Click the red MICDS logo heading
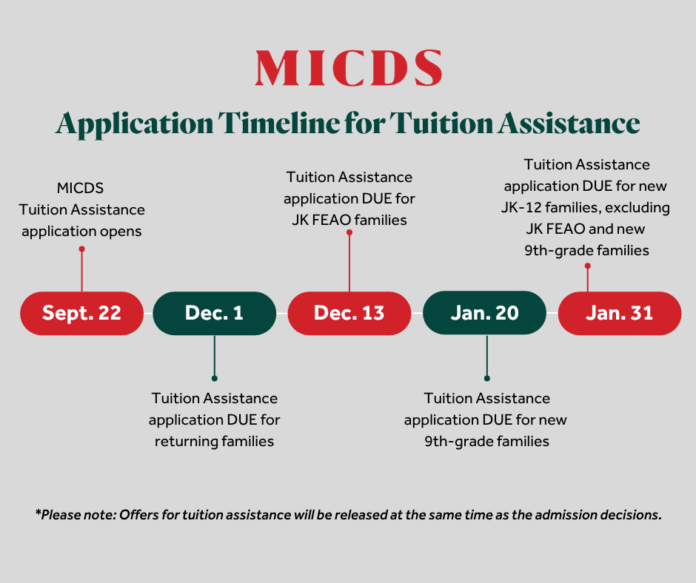pos(349,67)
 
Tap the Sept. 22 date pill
pos(81,313)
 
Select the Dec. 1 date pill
pos(215,313)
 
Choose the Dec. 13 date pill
pos(349,313)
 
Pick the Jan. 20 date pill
pos(485,313)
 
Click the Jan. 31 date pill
pos(620,313)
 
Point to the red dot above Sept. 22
pos(81,249)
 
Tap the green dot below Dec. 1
pos(215,379)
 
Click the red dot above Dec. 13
pos(349,232)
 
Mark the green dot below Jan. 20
pos(487,379)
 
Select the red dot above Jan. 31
pos(588,266)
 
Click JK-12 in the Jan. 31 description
pos(521,207)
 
